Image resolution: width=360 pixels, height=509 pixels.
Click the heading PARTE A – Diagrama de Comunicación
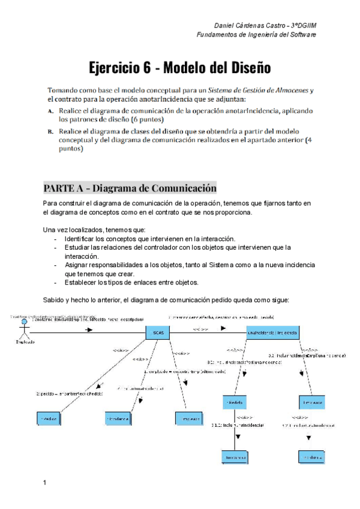[x=130, y=187]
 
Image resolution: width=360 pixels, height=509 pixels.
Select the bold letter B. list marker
[x=51, y=130]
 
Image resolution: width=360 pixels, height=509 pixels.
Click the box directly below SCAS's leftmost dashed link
[x=118, y=418]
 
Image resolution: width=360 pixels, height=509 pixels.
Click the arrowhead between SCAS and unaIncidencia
[x=223, y=328]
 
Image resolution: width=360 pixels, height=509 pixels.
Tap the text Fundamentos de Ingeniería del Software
[x=256, y=35]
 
